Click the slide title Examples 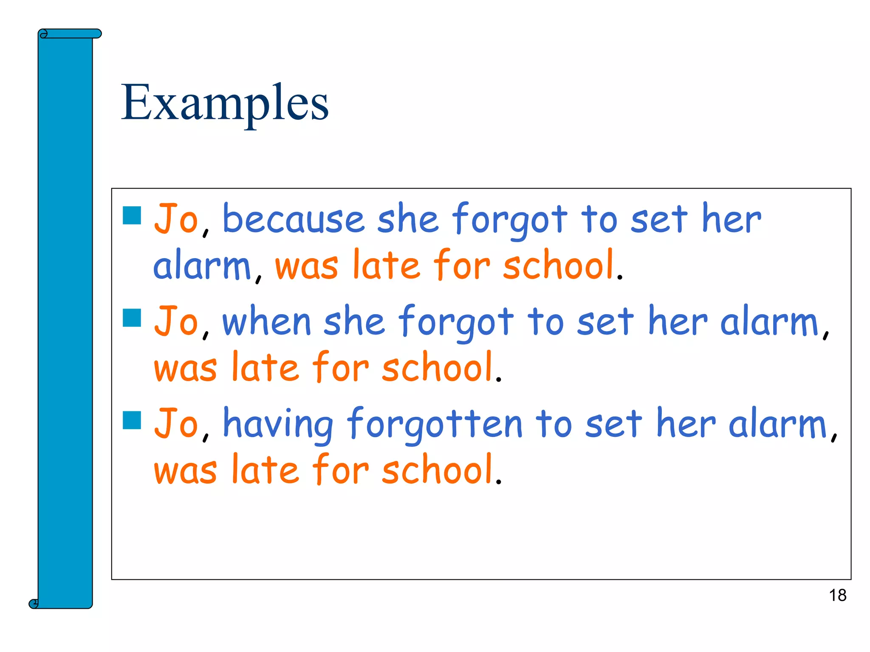pos(225,103)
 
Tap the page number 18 pos(837,595)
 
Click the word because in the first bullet pos(293,219)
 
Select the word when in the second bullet pos(267,322)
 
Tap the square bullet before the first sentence pos(132,215)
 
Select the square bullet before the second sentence pos(132,318)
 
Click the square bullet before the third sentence pos(132,420)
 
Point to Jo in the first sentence pos(176,219)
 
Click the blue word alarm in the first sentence pos(202,266)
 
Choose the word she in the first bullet pos(408,219)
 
